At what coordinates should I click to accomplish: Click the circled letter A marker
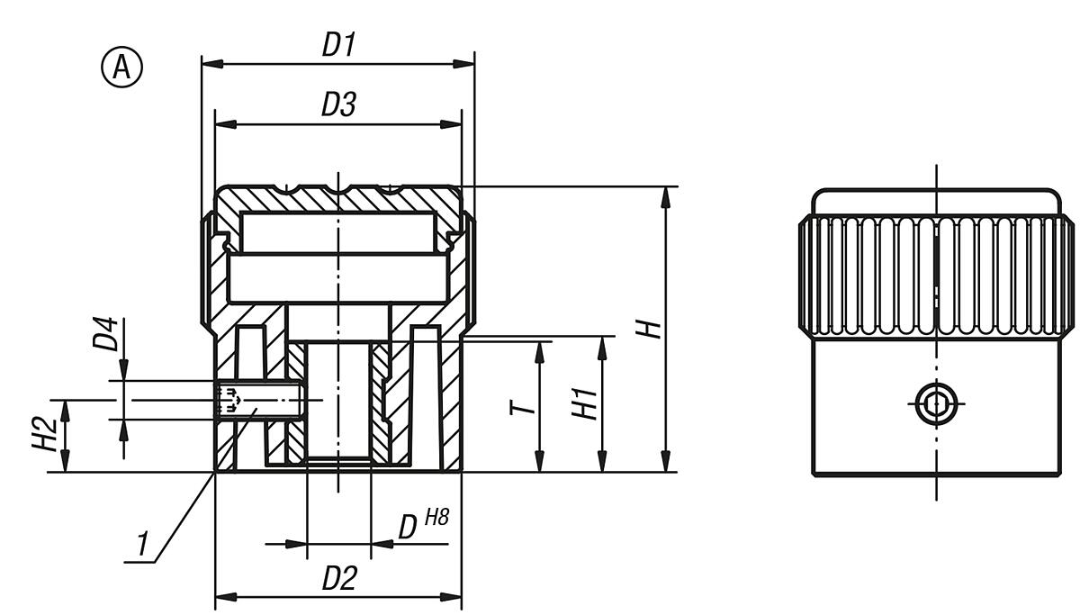point(121,68)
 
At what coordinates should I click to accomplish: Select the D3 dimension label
point(338,105)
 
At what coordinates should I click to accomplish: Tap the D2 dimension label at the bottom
point(338,579)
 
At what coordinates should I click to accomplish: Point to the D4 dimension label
point(106,333)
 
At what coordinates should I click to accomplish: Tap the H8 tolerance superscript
point(436,517)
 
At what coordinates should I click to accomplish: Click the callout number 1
point(141,545)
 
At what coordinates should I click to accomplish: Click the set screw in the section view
point(258,399)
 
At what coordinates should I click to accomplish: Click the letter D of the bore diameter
point(408,528)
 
